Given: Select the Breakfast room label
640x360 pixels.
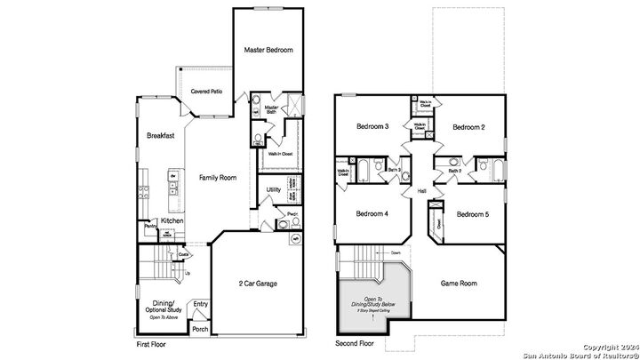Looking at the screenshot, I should tap(160, 135).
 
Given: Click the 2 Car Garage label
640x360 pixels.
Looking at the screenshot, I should tap(260, 284).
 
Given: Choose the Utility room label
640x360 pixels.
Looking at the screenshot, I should tap(274, 189).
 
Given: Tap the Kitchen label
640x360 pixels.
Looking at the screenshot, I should tap(172, 220).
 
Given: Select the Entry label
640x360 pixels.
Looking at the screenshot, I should tap(201, 304).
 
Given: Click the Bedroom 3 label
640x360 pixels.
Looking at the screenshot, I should tap(373, 126).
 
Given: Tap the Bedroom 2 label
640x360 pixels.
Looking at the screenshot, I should tap(468, 127).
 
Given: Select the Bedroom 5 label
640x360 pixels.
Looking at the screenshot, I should tap(472, 214).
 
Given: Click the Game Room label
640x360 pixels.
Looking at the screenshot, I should tap(460, 284).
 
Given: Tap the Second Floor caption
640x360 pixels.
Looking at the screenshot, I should tap(354, 343).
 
